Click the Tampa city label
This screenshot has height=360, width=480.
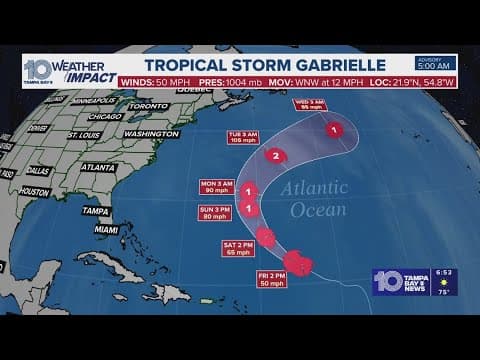pos(96,211)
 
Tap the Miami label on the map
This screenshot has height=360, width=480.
pos(106,229)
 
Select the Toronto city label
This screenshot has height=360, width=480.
pos(148,105)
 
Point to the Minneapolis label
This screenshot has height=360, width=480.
pos(92,101)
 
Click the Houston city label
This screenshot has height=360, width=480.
pos(33,191)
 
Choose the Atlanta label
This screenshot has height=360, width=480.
pos(97,167)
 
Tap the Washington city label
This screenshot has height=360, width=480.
pos(152,133)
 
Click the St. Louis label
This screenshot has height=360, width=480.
pos(85,135)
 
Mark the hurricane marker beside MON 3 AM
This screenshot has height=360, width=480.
pos(248,191)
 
